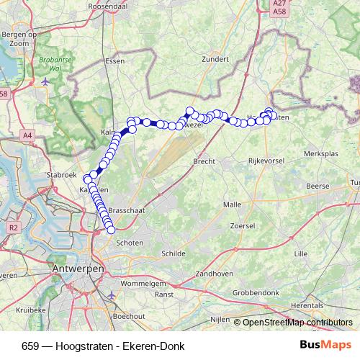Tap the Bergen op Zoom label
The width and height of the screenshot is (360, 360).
pyautogui.click(x=19, y=39)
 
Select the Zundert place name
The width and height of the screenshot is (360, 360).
pyautogui.click(x=215, y=60)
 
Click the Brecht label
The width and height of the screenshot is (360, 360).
pyautogui.click(x=204, y=162)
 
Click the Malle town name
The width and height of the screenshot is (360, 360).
pyautogui.click(x=233, y=204)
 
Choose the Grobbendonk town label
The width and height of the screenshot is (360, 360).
pyautogui.click(x=256, y=293)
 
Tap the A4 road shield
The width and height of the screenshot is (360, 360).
pyautogui.click(x=27, y=135)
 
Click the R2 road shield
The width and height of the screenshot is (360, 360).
pyautogui.click(x=13, y=228)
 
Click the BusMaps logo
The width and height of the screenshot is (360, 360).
pyautogui.click(x=325, y=345)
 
